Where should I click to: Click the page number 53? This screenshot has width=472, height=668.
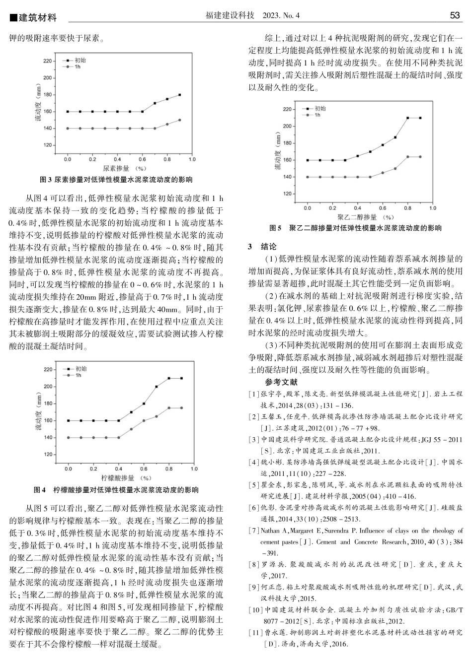455,16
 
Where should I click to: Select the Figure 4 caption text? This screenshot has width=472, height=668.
116,490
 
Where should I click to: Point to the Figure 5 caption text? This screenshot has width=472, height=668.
355,228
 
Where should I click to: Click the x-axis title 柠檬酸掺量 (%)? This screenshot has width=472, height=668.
126,478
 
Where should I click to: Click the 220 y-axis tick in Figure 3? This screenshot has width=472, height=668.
47,61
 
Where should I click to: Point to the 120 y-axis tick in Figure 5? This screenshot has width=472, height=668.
287,194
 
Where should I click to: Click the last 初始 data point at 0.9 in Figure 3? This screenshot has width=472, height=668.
179,94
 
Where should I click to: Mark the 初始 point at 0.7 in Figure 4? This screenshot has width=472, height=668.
157,387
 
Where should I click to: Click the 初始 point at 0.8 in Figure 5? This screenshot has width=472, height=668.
408,118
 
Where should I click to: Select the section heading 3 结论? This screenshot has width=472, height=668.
262,247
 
